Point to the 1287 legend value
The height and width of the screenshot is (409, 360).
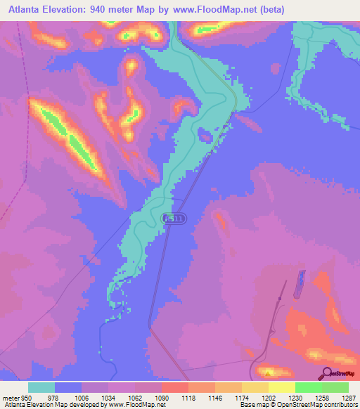(x=341, y=397)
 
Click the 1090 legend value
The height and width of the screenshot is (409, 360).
(x=161, y=397)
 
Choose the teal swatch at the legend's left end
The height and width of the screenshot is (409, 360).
(x=41, y=387)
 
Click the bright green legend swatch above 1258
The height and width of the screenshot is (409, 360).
(x=308, y=387)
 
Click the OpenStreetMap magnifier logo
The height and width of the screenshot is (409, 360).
(x=328, y=374)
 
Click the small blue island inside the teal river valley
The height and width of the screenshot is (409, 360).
(x=205, y=134)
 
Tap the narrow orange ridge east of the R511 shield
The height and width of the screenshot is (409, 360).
(x=221, y=223)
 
